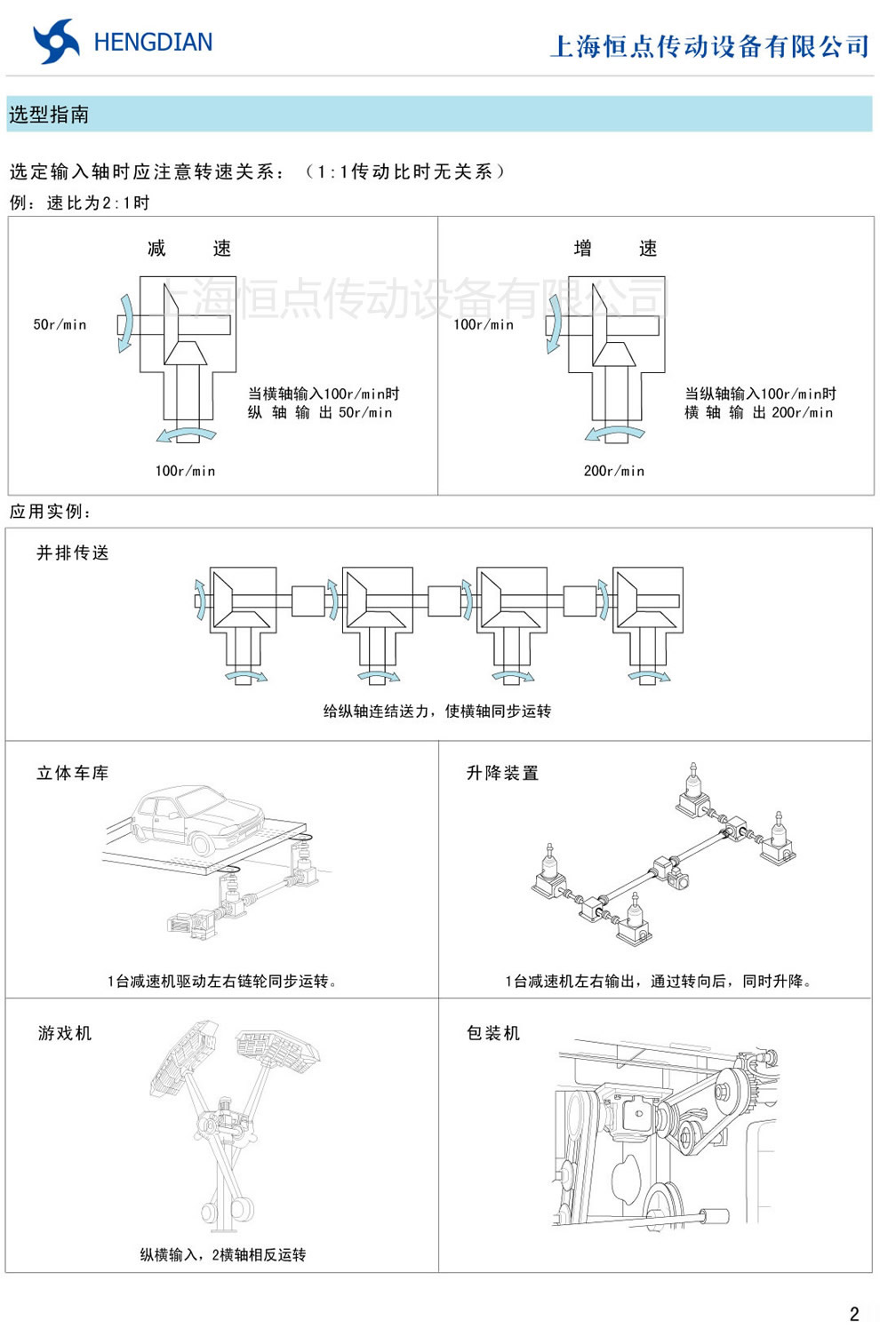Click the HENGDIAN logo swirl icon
[x=55, y=42]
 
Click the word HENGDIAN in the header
[x=153, y=43]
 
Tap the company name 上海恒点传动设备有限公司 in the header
[x=709, y=46]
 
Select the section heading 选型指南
[x=49, y=115]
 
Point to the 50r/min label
[x=60, y=325]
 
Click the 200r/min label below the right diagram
[x=613, y=471]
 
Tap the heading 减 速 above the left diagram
[x=188, y=249]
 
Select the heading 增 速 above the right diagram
[x=615, y=249]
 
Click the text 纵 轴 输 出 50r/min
[x=319, y=412]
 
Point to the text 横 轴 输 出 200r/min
[x=758, y=412]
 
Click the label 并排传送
[x=73, y=553]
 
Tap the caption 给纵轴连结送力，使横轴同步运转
[x=436, y=711]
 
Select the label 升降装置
[x=502, y=773]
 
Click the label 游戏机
[x=65, y=1032]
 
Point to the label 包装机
[x=493, y=1032]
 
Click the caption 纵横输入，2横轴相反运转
[x=222, y=1254]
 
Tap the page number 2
[x=854, y=1315]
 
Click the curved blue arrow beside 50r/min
[x=126, y=324]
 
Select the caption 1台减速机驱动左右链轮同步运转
[x=222, y=981]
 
